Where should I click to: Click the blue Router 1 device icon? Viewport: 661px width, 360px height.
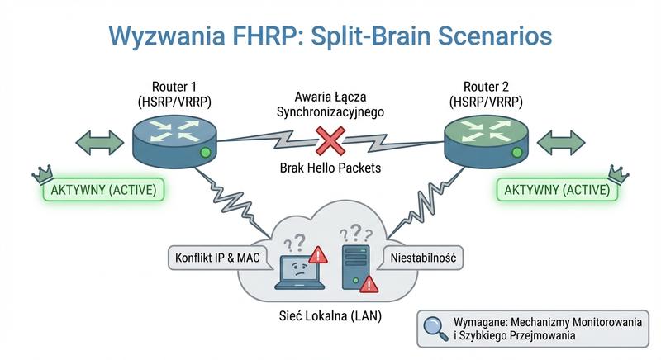[x=174, y=140]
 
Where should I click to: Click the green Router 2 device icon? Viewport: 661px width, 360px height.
[x=486, y=140]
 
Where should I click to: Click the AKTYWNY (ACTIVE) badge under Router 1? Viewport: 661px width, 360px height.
[x=104, y=190]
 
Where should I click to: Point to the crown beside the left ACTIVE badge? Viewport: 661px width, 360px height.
[x=40, y=173]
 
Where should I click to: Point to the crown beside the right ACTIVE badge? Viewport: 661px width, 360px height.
[x=616, y=173]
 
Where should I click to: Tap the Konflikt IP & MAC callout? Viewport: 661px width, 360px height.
[x=218, y=258]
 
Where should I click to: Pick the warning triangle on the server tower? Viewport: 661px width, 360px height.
[x=369, y=284]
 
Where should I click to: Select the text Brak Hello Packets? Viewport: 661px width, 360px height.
[x=330, y=168]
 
